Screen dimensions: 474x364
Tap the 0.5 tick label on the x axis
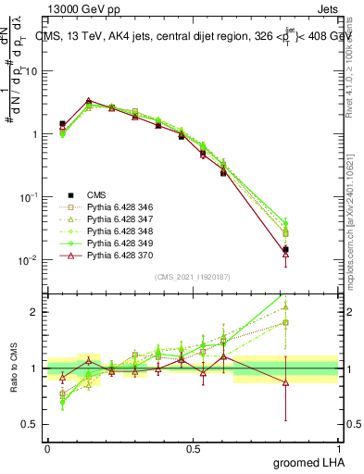coord(193,447)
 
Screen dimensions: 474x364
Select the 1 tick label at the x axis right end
coord(339,447)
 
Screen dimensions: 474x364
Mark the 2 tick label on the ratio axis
coord(35,312)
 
